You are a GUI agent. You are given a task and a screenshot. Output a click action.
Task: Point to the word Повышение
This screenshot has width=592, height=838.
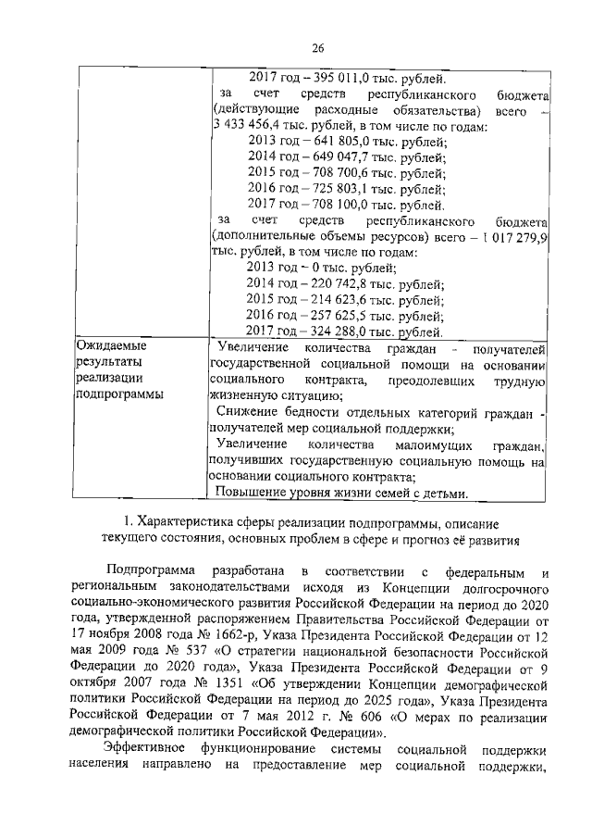tap(249, 492)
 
